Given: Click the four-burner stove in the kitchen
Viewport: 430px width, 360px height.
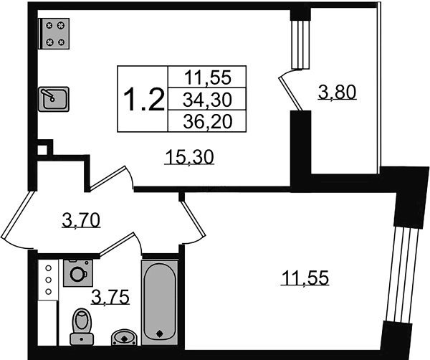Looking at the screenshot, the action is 54,34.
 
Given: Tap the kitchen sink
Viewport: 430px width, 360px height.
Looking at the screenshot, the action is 54,99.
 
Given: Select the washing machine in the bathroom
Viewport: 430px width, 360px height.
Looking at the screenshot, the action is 78,273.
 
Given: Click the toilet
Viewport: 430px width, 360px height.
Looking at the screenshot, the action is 82,327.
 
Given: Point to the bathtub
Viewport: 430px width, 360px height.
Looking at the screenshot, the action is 160,302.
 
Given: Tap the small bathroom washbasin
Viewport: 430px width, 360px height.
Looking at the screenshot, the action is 124,338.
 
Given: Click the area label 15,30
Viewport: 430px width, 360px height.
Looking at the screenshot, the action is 189,158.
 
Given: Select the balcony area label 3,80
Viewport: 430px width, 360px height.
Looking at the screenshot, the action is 338,92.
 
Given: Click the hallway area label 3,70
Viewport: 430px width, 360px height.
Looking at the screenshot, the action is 81,220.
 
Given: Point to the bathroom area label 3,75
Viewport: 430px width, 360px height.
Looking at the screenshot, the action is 110,298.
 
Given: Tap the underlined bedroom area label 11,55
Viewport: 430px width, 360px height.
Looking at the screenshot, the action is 305,278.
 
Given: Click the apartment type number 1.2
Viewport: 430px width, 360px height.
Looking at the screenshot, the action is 144,100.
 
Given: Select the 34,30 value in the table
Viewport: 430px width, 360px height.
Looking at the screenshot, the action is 207,100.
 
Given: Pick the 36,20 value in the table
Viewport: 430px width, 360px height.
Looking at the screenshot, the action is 208,121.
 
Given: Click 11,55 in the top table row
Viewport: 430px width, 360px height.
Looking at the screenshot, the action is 208,77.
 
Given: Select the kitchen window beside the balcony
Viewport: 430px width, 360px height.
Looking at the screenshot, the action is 300,44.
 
